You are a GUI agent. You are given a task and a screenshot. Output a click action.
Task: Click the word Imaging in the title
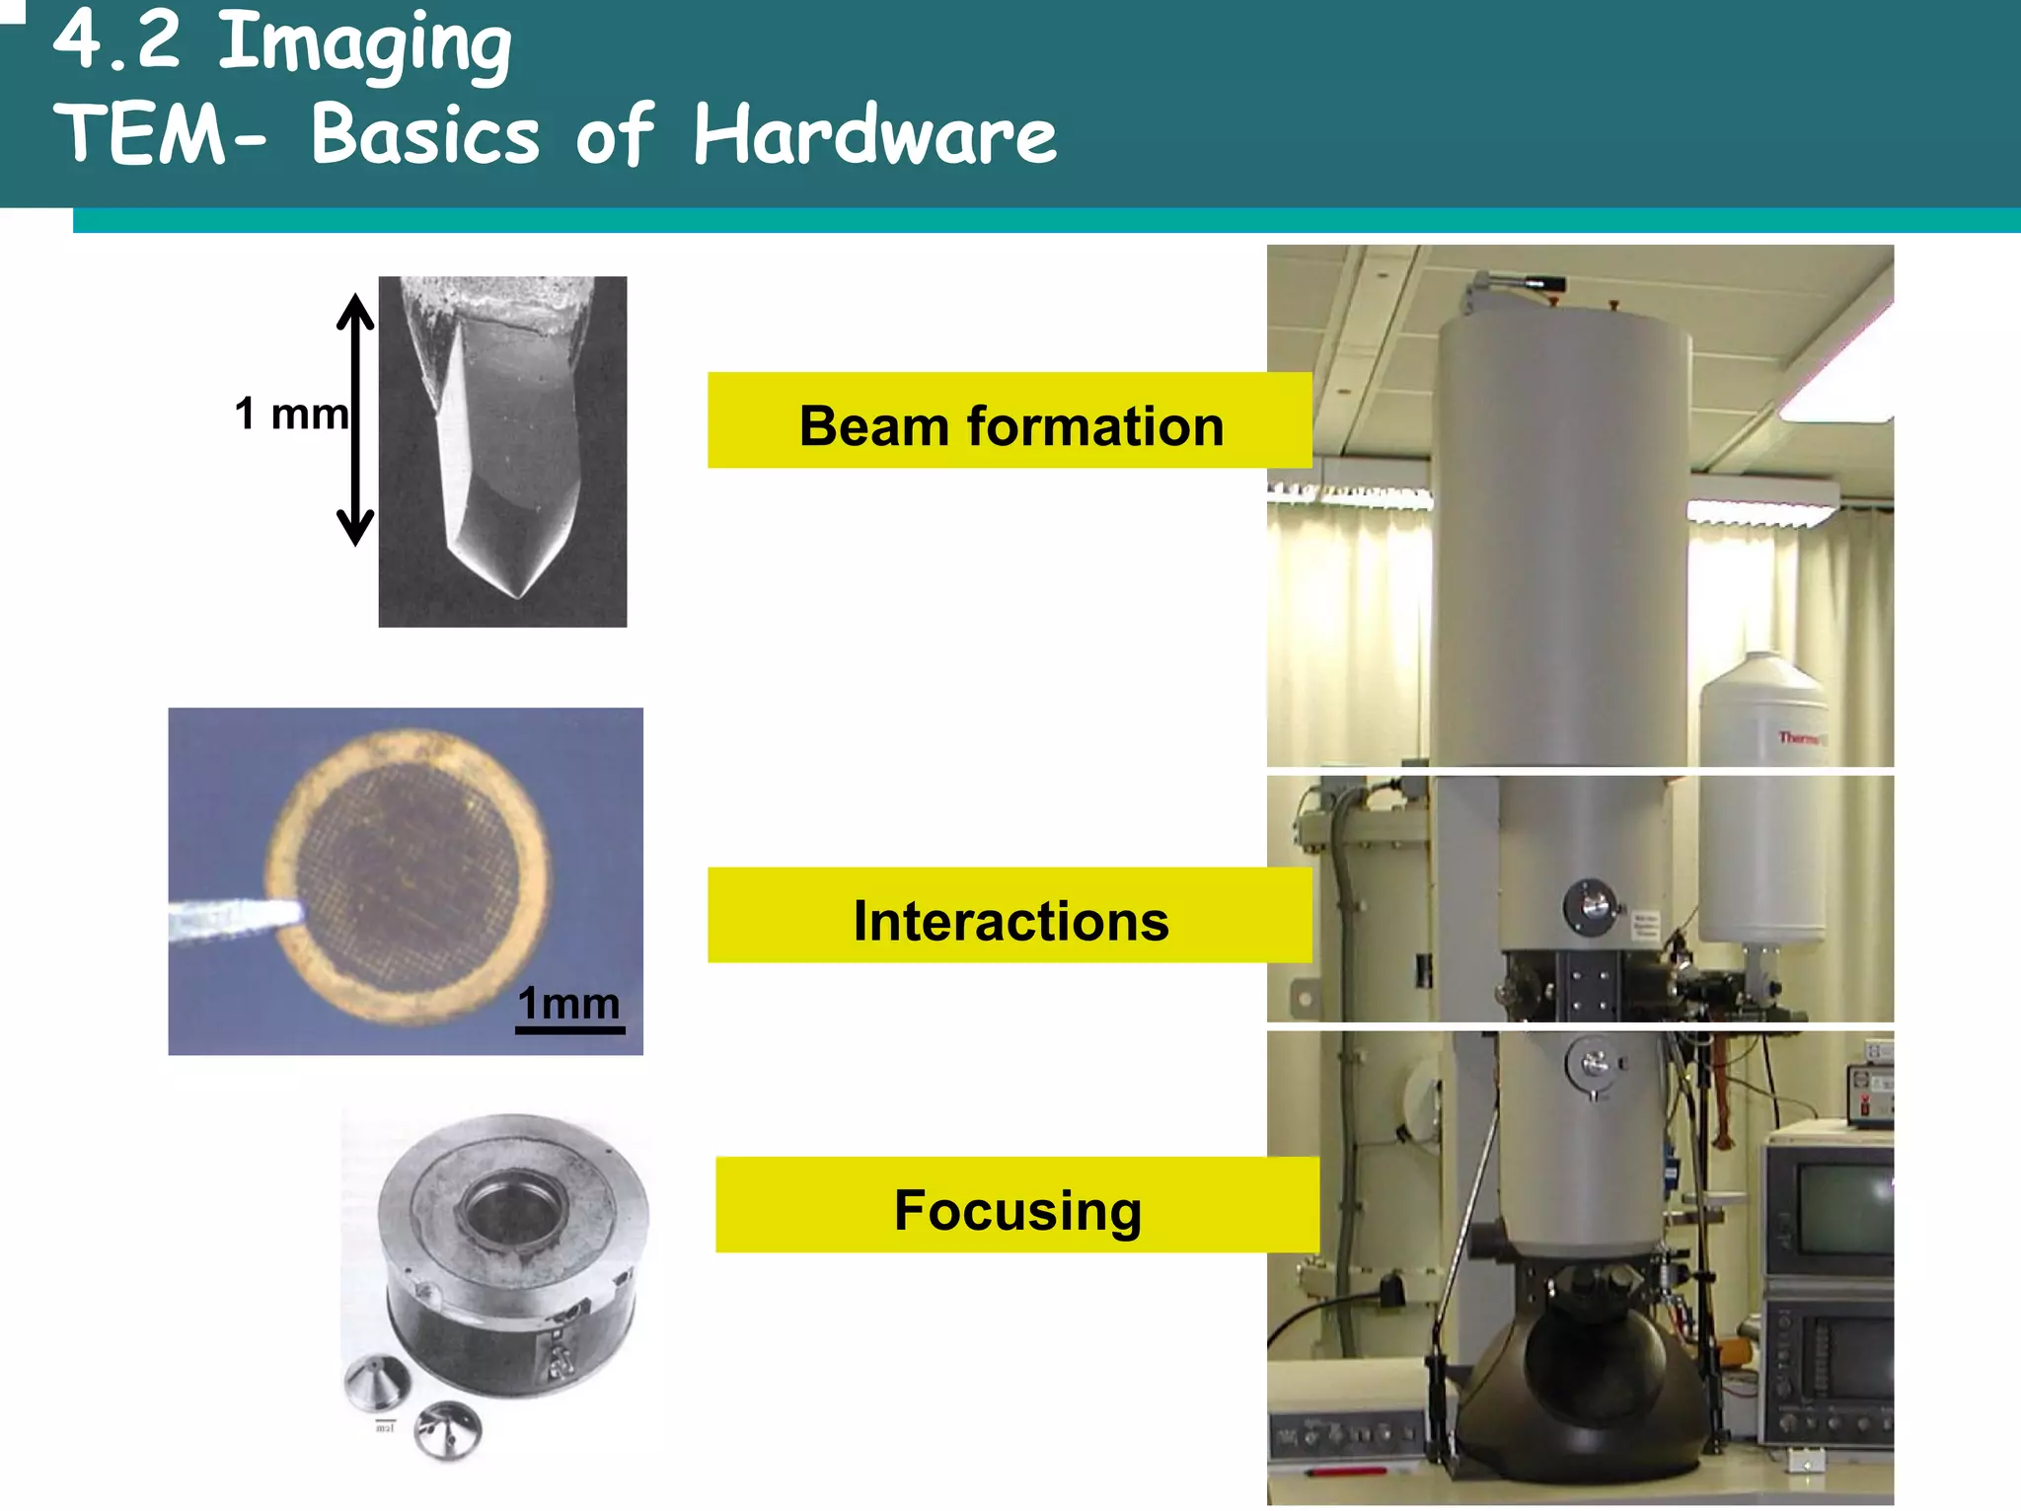pyautogui.click(x=363, y=44)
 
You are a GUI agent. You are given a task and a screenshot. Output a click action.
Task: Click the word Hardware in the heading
pyautogui.click(x=874, y=135)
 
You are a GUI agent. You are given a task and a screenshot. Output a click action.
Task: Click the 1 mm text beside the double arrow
pyautogui.click(x=291, y=415)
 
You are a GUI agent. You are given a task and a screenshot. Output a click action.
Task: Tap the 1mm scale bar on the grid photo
pyautogui.click(x=569, y=1028)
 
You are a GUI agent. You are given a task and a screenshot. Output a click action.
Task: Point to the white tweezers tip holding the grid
pyautogui.click(x=237, y=919)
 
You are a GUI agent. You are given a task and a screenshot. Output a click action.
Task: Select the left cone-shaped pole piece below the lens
pyautogui.click(x=376, y=1381)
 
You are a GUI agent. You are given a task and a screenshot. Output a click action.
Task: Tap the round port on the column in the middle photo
pyautogui.click(x=1589, y=905)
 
